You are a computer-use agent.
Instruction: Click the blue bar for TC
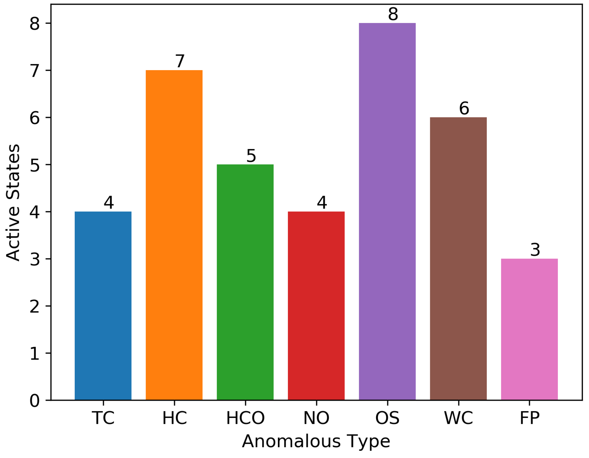pyautogui.click(x=103, y=306)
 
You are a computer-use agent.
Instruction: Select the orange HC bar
pyautogui.click(x=174, y=235)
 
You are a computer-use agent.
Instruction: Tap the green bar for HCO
pyautogui.click(x=245, y=282)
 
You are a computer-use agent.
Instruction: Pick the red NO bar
pyautogui.click(x=316, y=306)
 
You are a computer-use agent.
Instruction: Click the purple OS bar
pyautogui.click(x=387, y=211)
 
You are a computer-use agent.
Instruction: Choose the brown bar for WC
pyautogui.click(x=458, y=259)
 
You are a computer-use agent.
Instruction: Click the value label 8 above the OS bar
pyautogui.click(x=393, y=14)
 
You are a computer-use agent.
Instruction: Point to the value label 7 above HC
pyautogui.click(x=180, y=61)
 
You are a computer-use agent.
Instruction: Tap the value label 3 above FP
pyautogui.click(x=535, y=250)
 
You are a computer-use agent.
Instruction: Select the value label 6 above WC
pyautogui.click(x=464, y=108)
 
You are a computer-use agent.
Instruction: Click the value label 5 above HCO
pyautogui.click(x=251, y=156)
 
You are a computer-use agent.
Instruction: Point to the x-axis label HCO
pyautogui.click(x=245, y=418)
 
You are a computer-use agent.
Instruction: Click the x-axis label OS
pyautogui.click(x=387, y=418)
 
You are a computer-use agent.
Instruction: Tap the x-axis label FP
pyautogui.click(x=529, y=418)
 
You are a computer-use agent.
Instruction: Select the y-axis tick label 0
pyautogui.click(x=34, y=401)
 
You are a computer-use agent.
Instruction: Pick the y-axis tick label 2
pyautogui.click(x=34, y=307)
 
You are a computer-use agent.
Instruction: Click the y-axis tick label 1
pyautogui.click(x=34, y=354)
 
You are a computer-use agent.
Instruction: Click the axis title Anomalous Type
pyautogui.click(x=316, y=441)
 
